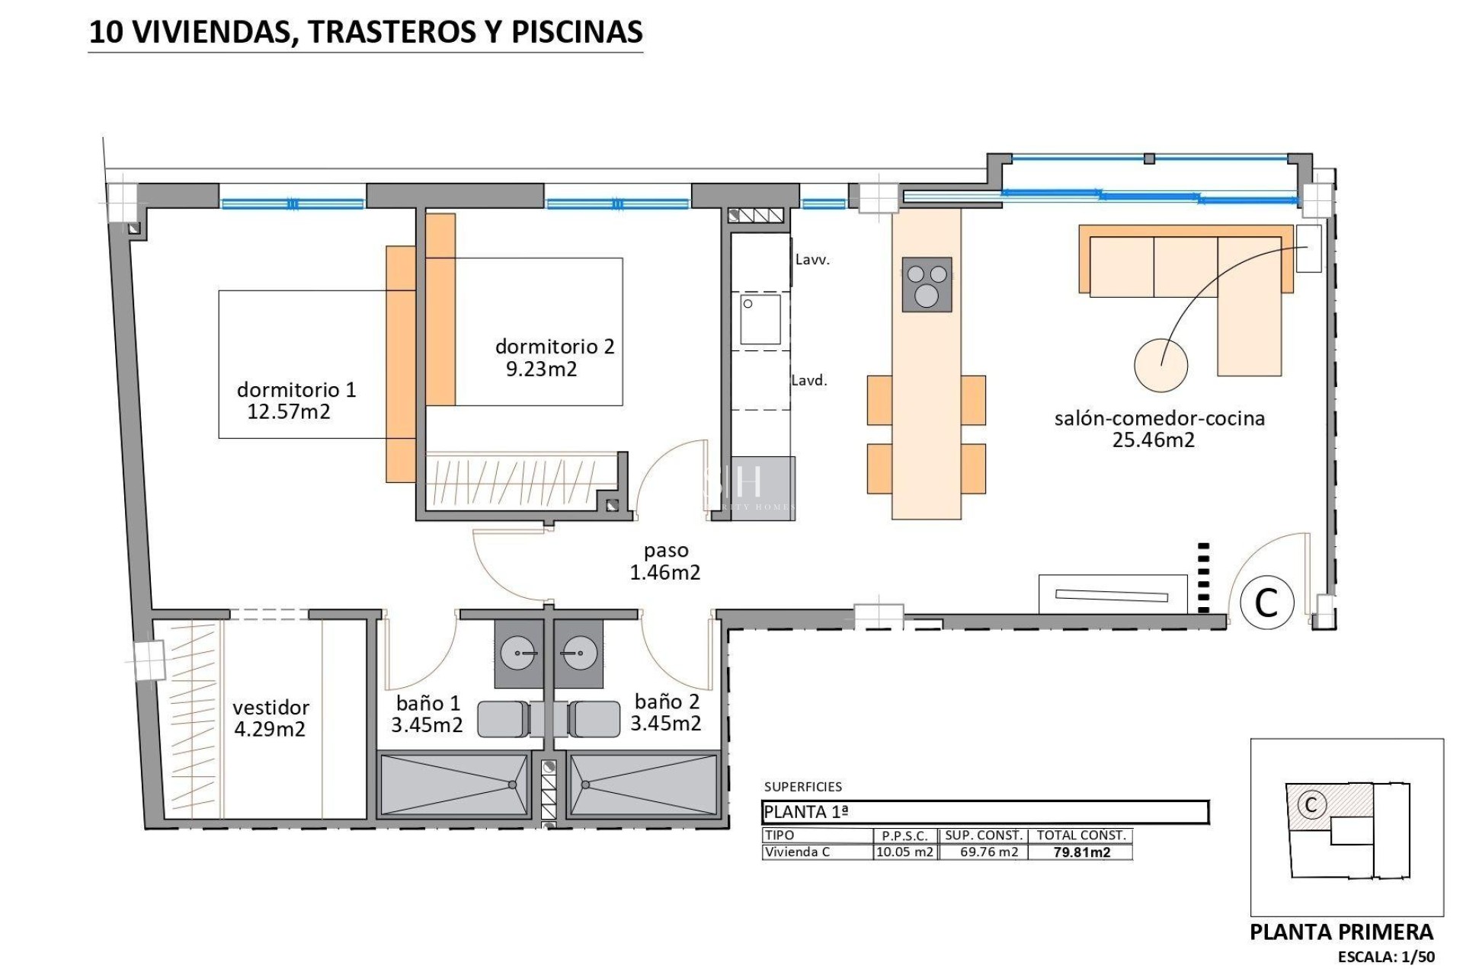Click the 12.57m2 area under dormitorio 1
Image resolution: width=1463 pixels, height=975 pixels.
click(x=289, y=412)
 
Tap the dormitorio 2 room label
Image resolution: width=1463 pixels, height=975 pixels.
click(x=554, y=347)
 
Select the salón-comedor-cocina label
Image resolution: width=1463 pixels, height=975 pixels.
click(x=1159, y=417)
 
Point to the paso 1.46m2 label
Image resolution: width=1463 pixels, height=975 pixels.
click(x=665, y=561)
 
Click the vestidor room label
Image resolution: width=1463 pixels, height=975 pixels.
click(x=271, y=707)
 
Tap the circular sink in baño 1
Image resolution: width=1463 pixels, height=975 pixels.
click(x=518, y=653)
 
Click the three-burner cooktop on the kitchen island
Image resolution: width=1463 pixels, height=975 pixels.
click(x=927, y=284)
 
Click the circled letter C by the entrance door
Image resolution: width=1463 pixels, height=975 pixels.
click(x=1266, y=603)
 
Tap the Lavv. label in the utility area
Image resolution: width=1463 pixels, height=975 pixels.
click(x=812, y=260)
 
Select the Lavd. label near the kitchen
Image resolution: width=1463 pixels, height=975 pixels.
click(x=808, y=380)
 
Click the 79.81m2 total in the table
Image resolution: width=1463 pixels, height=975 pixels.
click(x=1081, y=852)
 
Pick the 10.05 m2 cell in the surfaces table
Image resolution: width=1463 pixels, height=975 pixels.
click(x=904, y=852)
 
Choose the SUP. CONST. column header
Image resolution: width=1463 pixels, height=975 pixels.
click(x=984, y=835)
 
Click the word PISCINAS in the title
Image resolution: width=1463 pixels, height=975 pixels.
click(x=576, y=32)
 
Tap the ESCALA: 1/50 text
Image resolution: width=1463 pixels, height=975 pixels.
click(x=1386, y=957)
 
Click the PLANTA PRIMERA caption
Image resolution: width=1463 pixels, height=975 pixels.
click(x=1341, y=932)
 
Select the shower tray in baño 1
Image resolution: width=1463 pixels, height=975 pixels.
click(x=454, y=785)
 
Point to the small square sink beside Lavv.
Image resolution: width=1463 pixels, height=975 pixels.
click(x=760, y=319)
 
